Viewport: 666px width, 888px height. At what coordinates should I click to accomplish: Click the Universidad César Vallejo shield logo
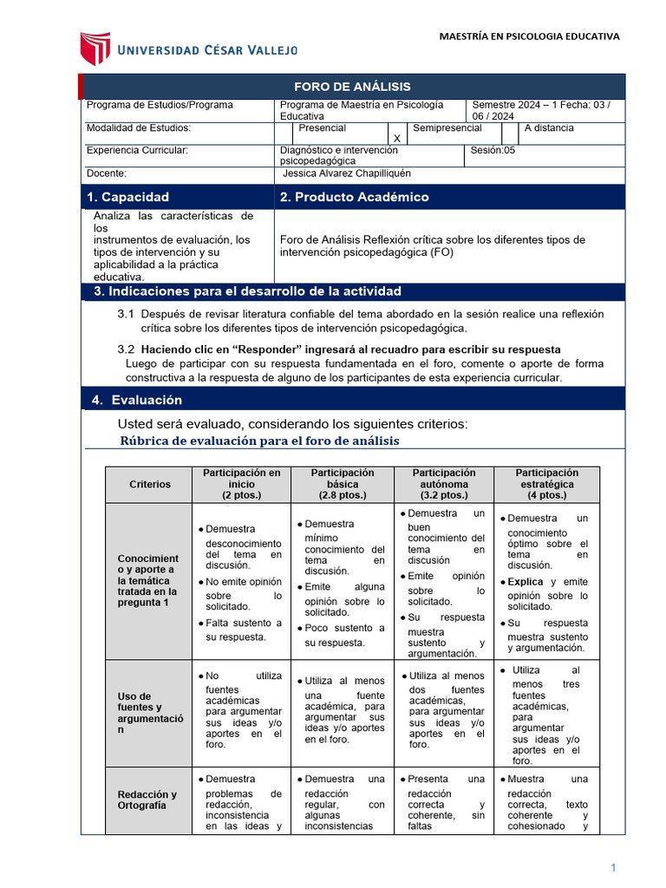95,49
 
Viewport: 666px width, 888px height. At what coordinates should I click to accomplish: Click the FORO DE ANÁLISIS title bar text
352,87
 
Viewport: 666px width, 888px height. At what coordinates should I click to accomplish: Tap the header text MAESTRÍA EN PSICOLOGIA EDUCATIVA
529,36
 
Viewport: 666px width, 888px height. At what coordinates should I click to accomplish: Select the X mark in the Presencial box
396,139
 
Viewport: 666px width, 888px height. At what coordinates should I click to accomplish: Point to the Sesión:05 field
493,150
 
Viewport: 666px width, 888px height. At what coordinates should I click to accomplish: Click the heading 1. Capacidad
128,197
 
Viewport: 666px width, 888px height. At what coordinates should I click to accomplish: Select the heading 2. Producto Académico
353,197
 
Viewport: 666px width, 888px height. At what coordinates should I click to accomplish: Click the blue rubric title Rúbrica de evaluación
258,441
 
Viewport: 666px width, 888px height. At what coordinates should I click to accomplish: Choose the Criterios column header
150,484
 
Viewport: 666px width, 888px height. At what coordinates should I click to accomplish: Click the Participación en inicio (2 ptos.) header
242,484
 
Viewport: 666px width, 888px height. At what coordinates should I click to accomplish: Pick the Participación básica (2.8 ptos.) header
343,484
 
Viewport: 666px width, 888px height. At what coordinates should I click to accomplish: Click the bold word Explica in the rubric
526,581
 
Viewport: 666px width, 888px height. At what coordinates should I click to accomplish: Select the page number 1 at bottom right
612,867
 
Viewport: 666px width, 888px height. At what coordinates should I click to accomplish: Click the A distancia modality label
549,127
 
